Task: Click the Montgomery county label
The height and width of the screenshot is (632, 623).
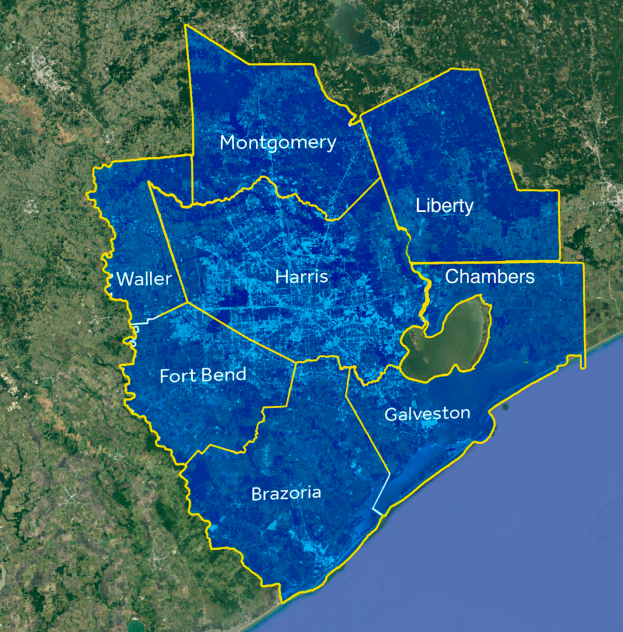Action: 278,143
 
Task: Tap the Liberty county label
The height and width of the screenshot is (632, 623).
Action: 444,206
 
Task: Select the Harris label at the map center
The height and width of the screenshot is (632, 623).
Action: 302,277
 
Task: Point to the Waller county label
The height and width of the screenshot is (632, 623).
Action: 143,279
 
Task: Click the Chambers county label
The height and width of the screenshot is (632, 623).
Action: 489,276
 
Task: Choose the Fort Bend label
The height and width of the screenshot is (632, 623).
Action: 203,375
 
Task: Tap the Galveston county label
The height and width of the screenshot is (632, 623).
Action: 427,414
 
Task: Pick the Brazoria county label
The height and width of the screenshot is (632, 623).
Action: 286,493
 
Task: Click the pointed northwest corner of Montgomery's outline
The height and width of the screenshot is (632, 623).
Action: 186,26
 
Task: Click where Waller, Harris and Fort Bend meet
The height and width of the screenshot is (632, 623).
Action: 187,302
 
